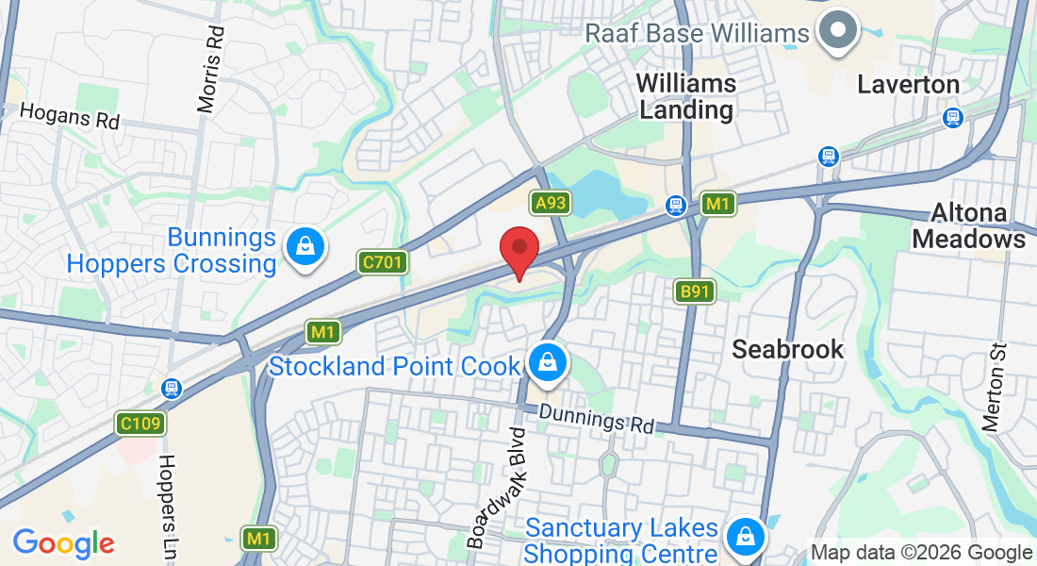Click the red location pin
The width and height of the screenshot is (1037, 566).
coord(518,248)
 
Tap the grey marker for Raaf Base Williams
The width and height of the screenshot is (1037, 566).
coord(835,30)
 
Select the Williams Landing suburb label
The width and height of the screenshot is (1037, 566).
coord(686,96)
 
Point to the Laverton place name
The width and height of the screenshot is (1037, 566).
coord(908,85)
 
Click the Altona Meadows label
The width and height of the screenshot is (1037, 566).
coord(968,225)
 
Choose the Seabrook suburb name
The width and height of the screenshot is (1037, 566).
coord(788,349)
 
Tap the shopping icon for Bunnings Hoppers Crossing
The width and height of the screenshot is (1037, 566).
coord(305,248)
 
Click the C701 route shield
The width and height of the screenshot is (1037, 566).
coord(383,261)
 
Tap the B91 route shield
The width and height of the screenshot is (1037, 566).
coord(694,291)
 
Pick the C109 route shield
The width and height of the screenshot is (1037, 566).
coord(140,424)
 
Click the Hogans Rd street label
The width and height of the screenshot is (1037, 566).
coord(71,117)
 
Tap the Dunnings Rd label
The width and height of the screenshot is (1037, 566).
coord(597,418)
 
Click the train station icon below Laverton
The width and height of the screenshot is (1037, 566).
coord(952,118)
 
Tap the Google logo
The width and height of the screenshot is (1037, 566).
coord(63,543)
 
